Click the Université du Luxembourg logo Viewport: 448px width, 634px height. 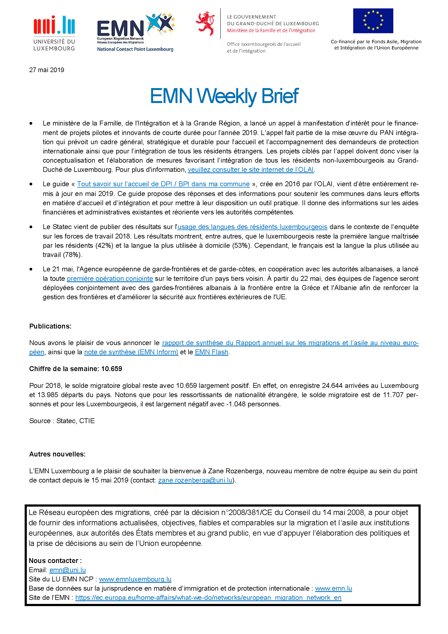(54, 33)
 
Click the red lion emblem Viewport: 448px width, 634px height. (205, 23)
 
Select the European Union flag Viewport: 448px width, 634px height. (373, 21)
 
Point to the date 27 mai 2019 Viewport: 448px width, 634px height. (47, 70)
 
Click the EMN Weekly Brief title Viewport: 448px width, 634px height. (224, 96)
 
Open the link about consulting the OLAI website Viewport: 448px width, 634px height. (251, 169)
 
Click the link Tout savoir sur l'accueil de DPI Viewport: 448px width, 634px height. (163, 184)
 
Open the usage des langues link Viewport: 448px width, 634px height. (252, 227)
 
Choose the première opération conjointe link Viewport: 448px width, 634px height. (110, 278)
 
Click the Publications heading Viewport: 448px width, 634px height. (50, 326)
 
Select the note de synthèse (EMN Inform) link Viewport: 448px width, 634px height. (131, 352)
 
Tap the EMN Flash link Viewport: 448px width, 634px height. (212, 352)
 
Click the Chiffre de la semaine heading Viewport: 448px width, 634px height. (76, 369)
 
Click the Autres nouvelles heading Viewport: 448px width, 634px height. (57, 454)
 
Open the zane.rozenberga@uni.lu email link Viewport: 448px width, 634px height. (195, 480)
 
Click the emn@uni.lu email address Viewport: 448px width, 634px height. (68, 570)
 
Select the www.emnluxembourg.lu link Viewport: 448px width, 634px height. (135, 579)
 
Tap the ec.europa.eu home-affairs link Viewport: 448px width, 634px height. (208, 598)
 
